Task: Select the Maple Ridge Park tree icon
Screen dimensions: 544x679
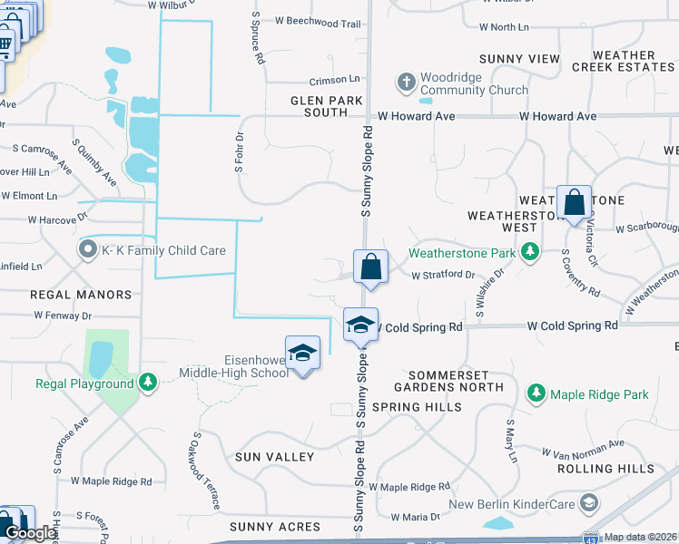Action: coord(537,393)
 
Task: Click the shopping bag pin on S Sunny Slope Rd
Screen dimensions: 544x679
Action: coord(370,267)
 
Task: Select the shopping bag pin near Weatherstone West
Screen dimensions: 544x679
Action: coord(574,203)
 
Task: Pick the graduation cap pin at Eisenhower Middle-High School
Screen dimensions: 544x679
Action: coord(303,354)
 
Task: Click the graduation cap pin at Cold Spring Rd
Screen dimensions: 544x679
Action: coord(360,325)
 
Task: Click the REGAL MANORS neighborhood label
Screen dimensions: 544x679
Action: coord(81,295)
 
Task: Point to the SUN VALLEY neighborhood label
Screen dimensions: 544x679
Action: coord(274,457)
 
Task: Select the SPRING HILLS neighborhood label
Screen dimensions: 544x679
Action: coord(411,407)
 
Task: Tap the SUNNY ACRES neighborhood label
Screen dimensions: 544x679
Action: coord(275,527)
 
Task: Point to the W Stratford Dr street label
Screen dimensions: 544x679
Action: coord(443,275)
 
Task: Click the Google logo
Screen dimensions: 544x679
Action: coord(30,533)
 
